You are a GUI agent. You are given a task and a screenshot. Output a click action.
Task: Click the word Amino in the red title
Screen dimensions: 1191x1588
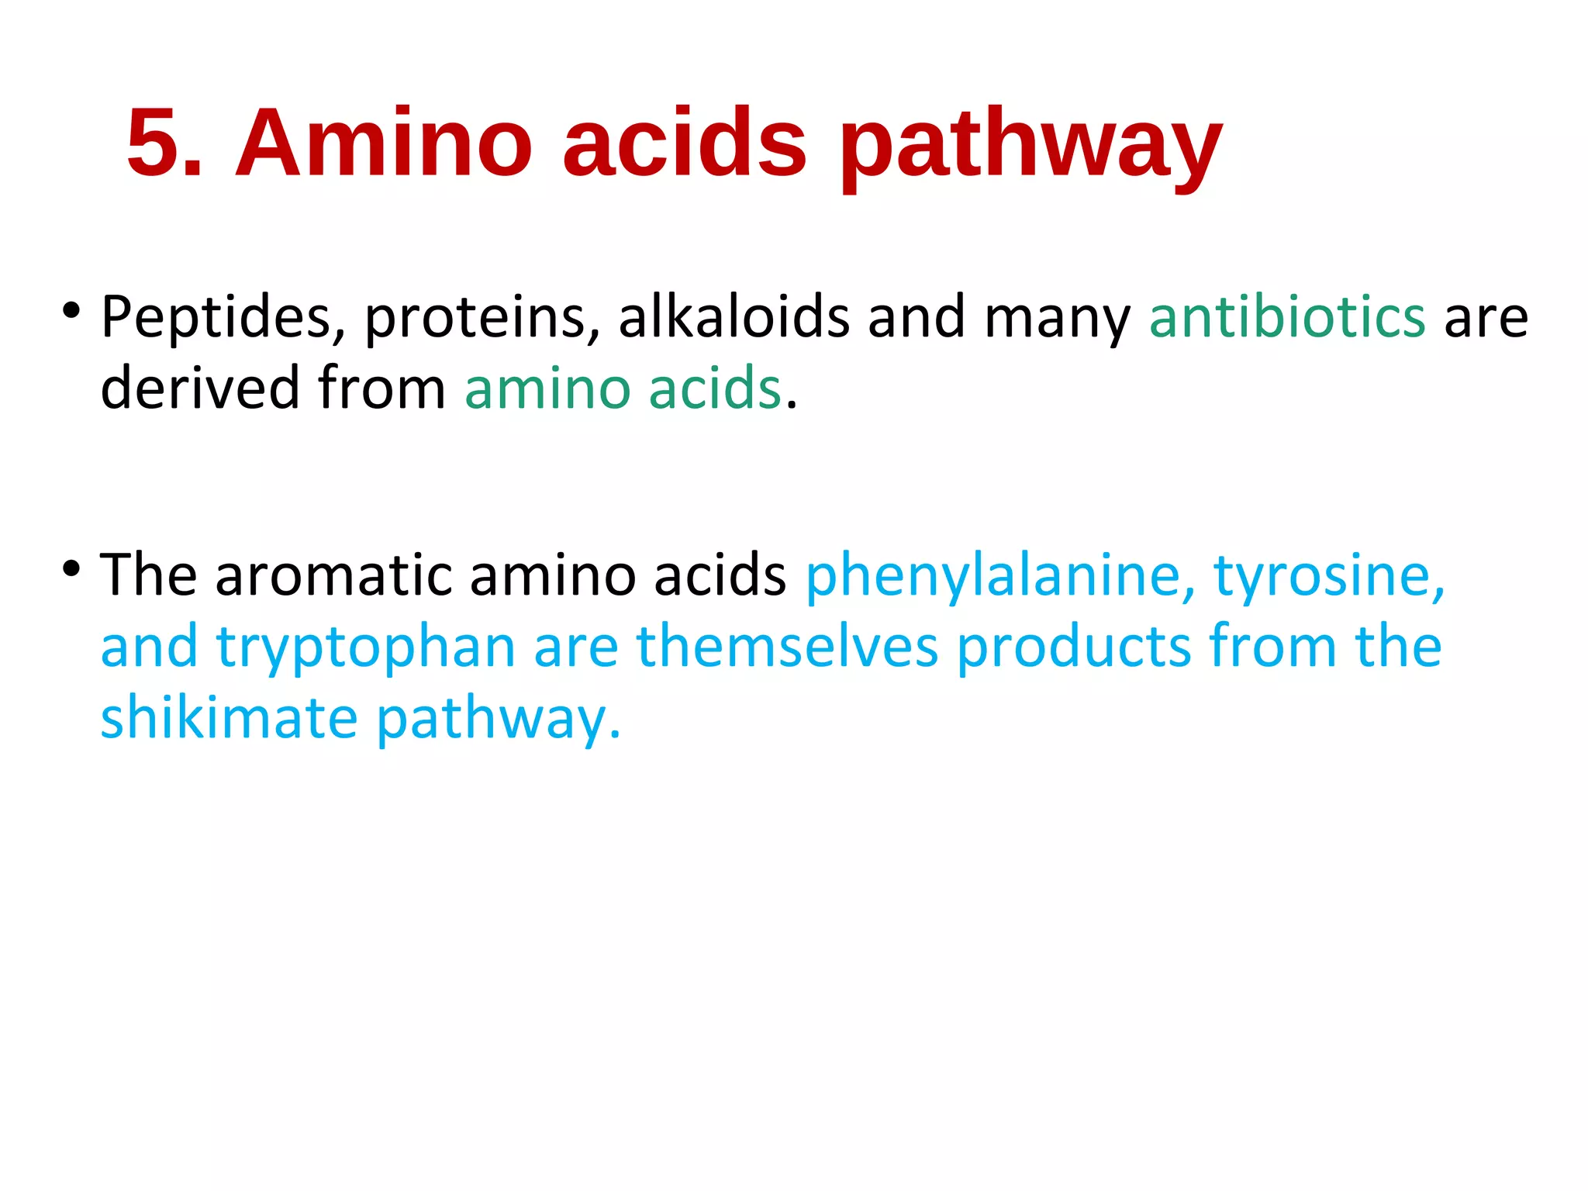(383, 144)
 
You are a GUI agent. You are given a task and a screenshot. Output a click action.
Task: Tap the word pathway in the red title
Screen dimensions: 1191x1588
(1030, 147)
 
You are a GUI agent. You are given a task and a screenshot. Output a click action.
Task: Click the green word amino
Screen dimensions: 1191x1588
(547, 388)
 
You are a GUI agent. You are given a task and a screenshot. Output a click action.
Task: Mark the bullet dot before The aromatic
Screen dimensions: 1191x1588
(71, 569)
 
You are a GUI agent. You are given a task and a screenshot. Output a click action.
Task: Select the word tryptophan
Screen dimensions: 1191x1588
(365, 648)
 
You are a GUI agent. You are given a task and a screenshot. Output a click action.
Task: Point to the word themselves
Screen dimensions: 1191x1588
(787, 647)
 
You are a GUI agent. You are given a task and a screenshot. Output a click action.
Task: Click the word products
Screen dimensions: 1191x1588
(1073, 647)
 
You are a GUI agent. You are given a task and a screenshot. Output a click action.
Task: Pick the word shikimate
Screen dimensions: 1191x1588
(230, 718)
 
